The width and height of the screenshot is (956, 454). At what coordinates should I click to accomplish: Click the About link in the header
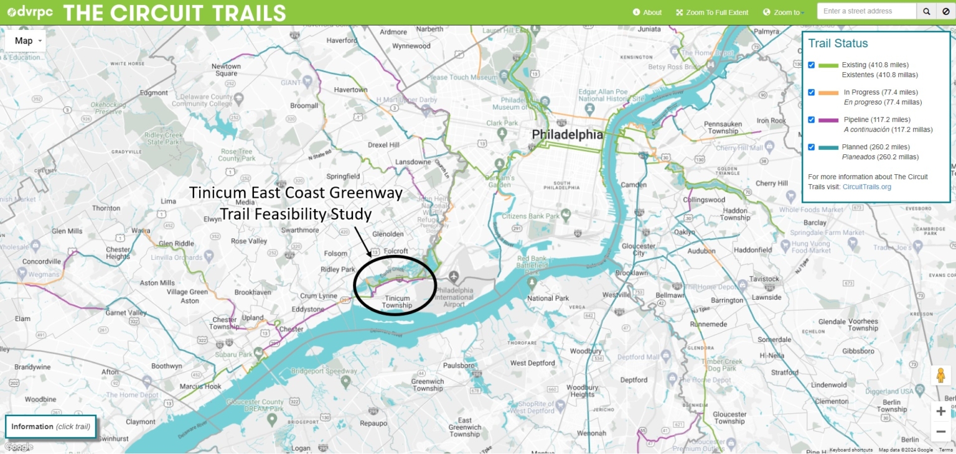point(647,12)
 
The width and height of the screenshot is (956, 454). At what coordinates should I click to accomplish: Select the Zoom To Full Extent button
point(712,12)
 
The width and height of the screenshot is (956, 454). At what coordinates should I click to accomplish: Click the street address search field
point(866,11)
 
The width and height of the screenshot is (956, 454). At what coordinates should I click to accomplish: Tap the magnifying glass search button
point(926,11)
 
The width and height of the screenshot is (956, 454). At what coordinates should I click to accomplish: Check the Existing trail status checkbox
point(812,65)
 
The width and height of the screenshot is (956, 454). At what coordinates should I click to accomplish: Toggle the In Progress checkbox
point(812,92)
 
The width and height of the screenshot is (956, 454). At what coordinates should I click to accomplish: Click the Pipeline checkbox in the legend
point(812,119)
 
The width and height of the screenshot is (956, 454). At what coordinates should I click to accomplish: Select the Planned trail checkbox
point(812,147)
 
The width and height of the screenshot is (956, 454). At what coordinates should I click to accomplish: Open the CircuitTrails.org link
point(866,187)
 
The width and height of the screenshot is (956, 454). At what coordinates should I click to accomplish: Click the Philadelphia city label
point(567,135)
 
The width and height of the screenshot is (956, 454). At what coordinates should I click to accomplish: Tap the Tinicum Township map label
point(396,302)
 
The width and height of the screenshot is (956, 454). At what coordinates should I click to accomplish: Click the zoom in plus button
point(940,411)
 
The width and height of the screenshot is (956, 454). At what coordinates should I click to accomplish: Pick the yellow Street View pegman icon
point(940,376)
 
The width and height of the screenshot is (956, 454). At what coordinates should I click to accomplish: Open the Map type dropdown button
point(26,41)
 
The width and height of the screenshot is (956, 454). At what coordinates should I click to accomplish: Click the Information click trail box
point(51,427)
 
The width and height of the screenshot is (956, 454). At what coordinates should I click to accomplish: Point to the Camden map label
point(635,185)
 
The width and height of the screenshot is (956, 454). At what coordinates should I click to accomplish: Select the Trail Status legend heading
point(838,44)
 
